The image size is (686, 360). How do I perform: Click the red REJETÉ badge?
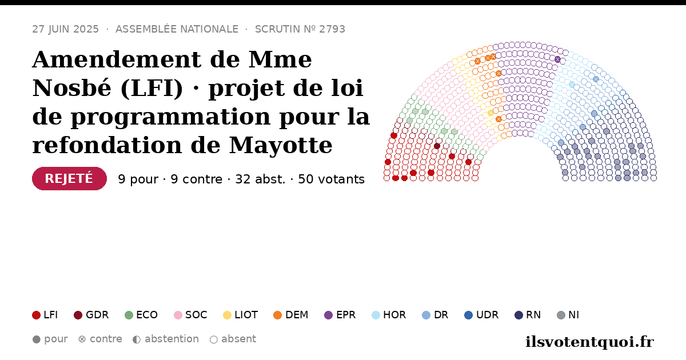69,178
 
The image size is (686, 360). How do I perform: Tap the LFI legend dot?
36,315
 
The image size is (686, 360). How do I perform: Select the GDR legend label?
97,315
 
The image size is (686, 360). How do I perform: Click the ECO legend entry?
141,315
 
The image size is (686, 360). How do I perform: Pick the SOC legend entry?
190,315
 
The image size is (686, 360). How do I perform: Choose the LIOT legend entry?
241,315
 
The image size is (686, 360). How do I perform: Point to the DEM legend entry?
290,315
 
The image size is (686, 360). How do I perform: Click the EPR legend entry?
340,315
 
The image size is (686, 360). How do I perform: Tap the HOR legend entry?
389,315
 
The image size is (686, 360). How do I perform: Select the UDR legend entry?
481,315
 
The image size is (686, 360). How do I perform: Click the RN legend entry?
528,315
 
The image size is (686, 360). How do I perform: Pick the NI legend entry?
568,315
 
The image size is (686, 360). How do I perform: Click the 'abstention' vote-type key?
166,339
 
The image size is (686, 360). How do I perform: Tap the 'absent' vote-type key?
233,339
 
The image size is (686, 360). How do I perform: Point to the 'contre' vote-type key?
100,339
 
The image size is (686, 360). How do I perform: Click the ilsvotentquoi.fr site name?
589,342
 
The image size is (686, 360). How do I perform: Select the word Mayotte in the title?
281,145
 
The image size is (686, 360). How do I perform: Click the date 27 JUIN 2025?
66,29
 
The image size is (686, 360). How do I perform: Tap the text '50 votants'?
332,179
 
